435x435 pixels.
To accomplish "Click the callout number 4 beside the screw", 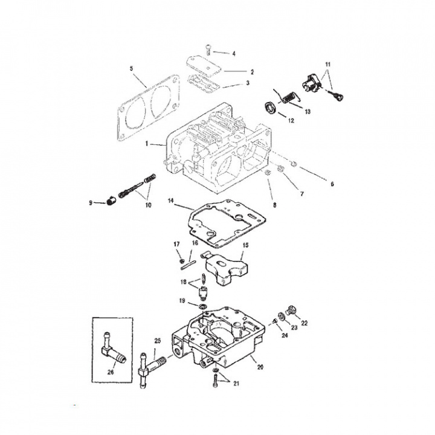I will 234,54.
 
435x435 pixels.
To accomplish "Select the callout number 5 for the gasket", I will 132,68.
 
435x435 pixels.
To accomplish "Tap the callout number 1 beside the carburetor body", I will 147,144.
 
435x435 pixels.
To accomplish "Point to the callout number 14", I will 171,200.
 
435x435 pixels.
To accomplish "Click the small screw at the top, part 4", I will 208,48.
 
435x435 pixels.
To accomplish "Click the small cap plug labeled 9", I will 111,201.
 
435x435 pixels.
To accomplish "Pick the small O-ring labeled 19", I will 202,308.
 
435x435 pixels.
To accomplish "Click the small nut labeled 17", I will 181,261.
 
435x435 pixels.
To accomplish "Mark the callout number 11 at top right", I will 329,63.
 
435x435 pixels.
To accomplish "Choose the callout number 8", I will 274,205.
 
